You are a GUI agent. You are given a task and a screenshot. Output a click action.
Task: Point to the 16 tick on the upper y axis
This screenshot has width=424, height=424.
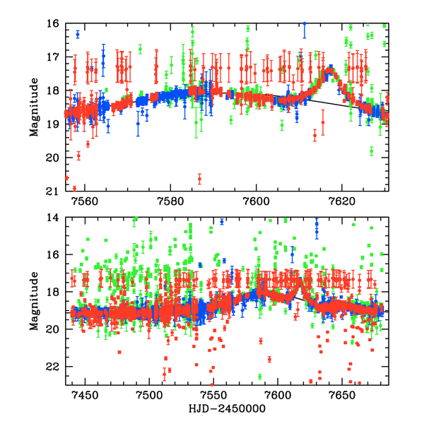point(52,23)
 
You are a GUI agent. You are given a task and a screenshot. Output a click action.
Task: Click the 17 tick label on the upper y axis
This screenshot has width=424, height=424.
point(52,57)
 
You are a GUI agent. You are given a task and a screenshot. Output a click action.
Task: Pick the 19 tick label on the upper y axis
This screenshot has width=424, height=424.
point(52,124)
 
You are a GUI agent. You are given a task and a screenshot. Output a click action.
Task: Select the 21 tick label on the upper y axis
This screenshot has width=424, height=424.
point(52,191)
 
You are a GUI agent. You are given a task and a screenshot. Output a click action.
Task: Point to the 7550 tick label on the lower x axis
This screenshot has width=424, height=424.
point(213,394)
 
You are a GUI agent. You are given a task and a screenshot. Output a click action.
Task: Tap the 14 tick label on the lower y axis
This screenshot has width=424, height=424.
point(52,218)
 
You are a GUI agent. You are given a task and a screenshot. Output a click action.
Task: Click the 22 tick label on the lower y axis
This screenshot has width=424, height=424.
point(52,367)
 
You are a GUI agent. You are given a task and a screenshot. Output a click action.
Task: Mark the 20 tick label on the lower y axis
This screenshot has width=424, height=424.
point(52,329)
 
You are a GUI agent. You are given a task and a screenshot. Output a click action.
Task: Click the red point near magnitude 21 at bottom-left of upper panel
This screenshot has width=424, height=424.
point(74,188)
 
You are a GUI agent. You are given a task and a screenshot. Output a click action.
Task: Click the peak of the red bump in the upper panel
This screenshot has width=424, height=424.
point(329,69)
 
